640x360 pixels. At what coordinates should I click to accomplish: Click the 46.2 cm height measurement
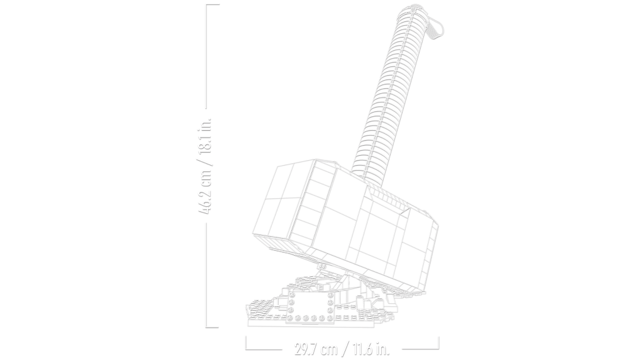205,191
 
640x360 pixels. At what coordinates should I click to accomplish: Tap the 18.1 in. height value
205,136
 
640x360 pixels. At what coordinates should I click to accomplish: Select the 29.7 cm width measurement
316,350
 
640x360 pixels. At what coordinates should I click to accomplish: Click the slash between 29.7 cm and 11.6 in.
345,350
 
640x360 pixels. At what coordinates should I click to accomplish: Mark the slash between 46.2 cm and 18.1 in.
205,161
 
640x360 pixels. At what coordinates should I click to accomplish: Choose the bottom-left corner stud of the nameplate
291,317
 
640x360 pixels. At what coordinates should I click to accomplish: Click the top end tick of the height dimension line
212,5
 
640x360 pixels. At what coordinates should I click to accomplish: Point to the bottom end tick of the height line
212,327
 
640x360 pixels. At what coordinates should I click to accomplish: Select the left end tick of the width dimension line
246,343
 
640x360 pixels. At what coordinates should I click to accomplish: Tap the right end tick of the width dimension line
438,343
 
